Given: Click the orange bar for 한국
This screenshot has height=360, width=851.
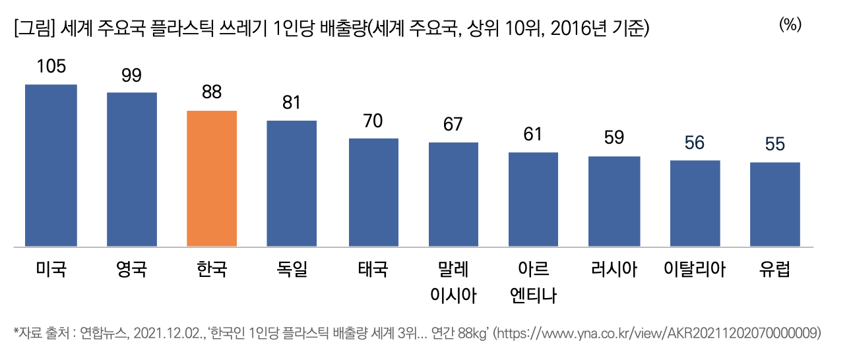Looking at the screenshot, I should (x=212, y=179).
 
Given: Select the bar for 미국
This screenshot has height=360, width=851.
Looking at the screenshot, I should (x=51, y=165).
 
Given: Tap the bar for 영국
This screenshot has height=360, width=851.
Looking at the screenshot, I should (x=132, y=169).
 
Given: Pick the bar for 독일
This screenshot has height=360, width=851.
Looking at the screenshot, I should (x=292, y=184).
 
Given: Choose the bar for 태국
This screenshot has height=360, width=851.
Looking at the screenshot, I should (x=373, y=193).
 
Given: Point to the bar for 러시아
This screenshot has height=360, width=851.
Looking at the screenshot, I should (x=614, y=202).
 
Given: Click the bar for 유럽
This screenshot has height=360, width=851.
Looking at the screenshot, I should (x=775, y=204).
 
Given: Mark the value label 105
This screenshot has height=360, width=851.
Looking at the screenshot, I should (x=51, y=67).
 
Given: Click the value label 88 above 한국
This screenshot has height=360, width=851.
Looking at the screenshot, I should (x=212, y=93).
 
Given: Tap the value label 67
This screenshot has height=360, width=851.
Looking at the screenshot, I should (x=453, y=125).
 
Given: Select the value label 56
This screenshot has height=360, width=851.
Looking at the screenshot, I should (x=695, y=142).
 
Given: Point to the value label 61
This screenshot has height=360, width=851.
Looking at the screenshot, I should (x=533, y=135).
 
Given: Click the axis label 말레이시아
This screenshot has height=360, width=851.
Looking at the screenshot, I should (x=453, y=282).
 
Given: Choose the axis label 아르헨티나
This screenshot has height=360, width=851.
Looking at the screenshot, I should (x=533, y=282).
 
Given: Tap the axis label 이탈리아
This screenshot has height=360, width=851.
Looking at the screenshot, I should (x=695, y=269).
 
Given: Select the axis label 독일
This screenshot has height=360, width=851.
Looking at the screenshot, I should (x=292, y=269).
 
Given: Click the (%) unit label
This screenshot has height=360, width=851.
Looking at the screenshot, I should (x=790, y=25).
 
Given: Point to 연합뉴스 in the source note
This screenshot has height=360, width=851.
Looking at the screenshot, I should (x=104, y=334).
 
